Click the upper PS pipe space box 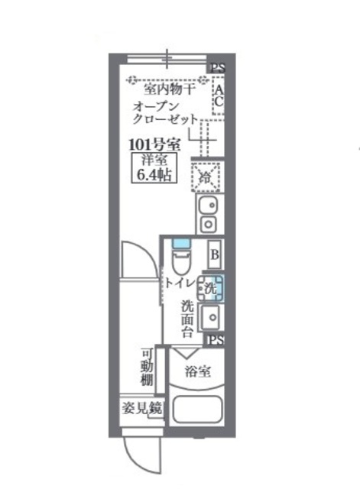(216, 68)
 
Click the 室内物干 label (170, 89)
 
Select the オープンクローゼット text (165, 113)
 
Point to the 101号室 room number (154, 144)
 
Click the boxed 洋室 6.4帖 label (154, 167)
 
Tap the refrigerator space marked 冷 (206, 176)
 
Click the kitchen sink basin (209, 206)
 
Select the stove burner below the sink (209, 224)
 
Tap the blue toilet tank (181, 243)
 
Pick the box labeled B (215, 254)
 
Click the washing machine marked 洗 (210, 288)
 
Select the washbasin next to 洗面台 (211, 317)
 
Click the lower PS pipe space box (215, 339)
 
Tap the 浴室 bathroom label (198, 371)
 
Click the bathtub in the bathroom (197, 410)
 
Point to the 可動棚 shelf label (147, 367)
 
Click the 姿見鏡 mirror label (142, 408)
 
